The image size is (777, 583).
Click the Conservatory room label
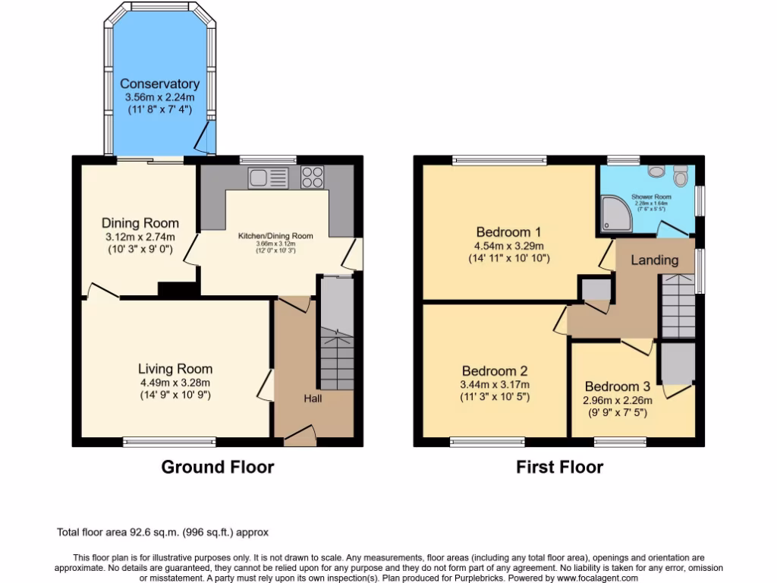click(159, 84)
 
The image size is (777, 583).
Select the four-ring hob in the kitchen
click(312, 177)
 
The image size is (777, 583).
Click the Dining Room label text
click(140, 223)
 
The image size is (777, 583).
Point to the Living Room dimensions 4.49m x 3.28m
click(174, 383)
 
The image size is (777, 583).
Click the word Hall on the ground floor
click(313, 399)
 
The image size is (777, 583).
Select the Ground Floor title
click(217, 467)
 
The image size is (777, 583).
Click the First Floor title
click(559, 467)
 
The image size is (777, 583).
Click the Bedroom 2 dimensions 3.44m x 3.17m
click(495, 384)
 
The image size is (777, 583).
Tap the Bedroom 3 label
click(617, 386)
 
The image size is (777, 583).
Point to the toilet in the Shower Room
click(680, 177)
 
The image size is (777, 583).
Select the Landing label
click(654, 260)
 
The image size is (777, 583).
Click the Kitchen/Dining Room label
click(275, 236)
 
